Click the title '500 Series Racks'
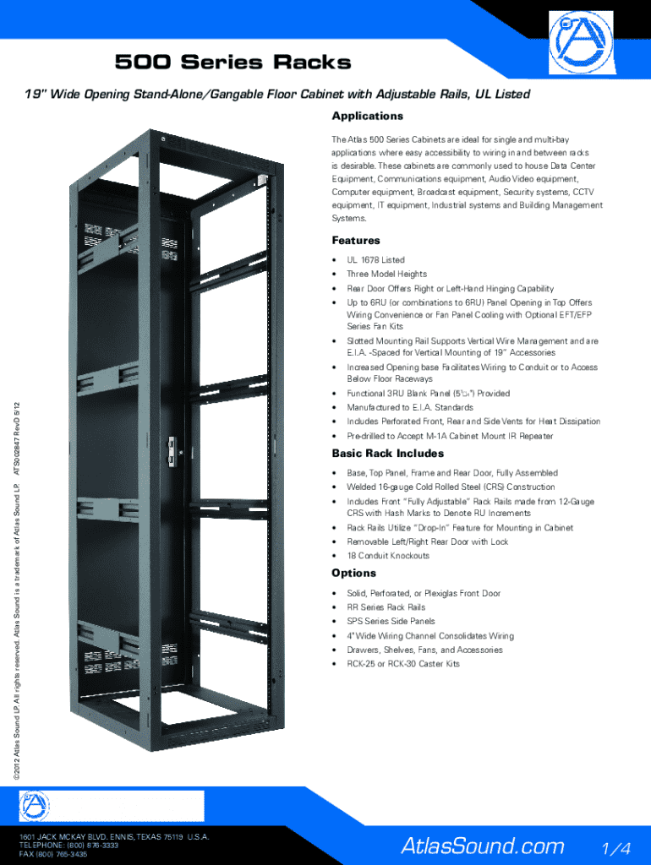232,63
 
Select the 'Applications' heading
367,117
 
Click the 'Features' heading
356,241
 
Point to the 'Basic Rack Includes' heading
387,454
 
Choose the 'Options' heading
354,574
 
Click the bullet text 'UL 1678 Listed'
375,260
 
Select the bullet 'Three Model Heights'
386,275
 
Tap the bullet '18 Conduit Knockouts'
387,556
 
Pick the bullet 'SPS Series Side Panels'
391,622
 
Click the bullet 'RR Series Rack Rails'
386,607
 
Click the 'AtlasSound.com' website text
482,846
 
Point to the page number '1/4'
615,847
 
